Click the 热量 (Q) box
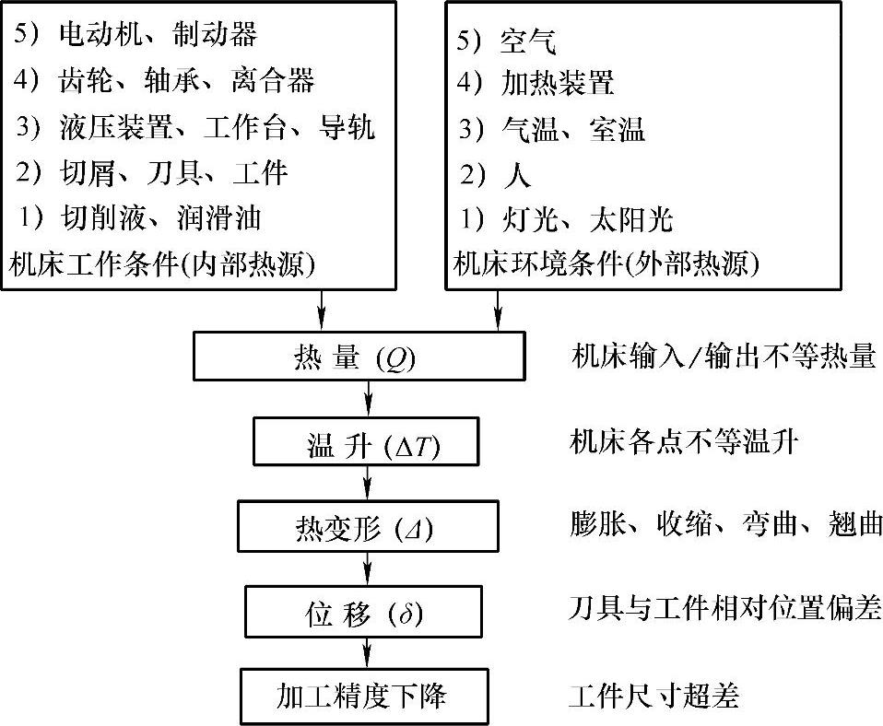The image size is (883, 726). pyautogui.click(x=359, y=356)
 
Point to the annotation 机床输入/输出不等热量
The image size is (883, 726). pyautogui.click(x=722, y=356)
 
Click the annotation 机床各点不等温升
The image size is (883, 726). pyautogui.click(x=683, y=444)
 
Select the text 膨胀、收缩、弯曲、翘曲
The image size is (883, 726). pyautogui.click(x=725, y=525)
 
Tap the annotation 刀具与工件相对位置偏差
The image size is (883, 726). pyautogui.click(x=725, y=608)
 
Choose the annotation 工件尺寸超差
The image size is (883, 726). pyautogui.click(x=653, y=695)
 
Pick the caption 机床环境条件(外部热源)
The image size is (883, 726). pyautogui.click(x=606, y=265)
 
